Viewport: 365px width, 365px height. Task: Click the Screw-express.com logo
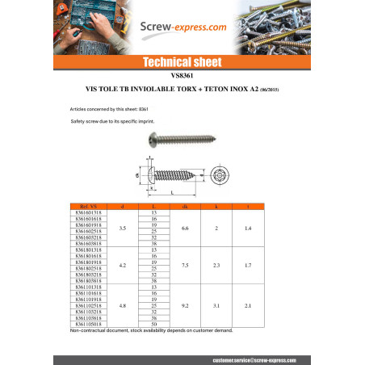click(x=182, y=27)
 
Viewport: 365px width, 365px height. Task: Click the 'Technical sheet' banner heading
click(x=182, y=61)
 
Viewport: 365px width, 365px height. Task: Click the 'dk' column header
click(x=185, y=208)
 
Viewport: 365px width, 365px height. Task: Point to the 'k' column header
click(x=216, y=208)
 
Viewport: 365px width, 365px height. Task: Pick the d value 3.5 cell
click(x=122, y=229)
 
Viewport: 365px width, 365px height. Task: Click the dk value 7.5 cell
click(x=185, y=265)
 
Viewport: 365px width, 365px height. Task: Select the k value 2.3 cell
click(x=216, y=265)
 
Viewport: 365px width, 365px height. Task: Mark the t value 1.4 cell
click(x=247, y=229)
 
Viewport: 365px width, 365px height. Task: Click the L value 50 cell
click(x=153, y=324)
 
